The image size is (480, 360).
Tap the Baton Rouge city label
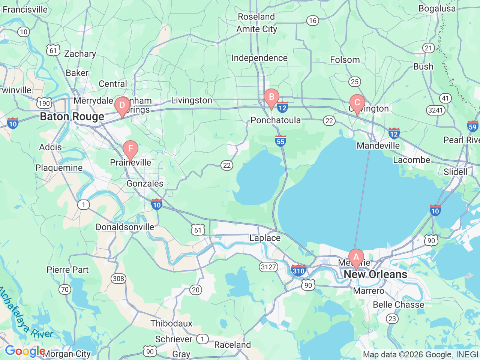coord(72,117)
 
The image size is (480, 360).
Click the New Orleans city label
coord(375,274)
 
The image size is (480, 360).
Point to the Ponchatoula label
coord(276,120)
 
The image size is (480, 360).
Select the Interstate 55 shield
coord(280,141)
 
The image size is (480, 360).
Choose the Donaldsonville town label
coord(125,227)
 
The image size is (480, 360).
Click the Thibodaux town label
coord(171,323)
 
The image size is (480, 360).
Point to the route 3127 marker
coord(268,267)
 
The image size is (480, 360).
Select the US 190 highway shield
coord(44,103)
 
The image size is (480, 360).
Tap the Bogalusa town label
coord(437,9)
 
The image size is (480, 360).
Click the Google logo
coord(25,351)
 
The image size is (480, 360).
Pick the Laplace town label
coord(265,238)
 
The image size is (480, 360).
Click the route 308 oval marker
coord(118,278)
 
